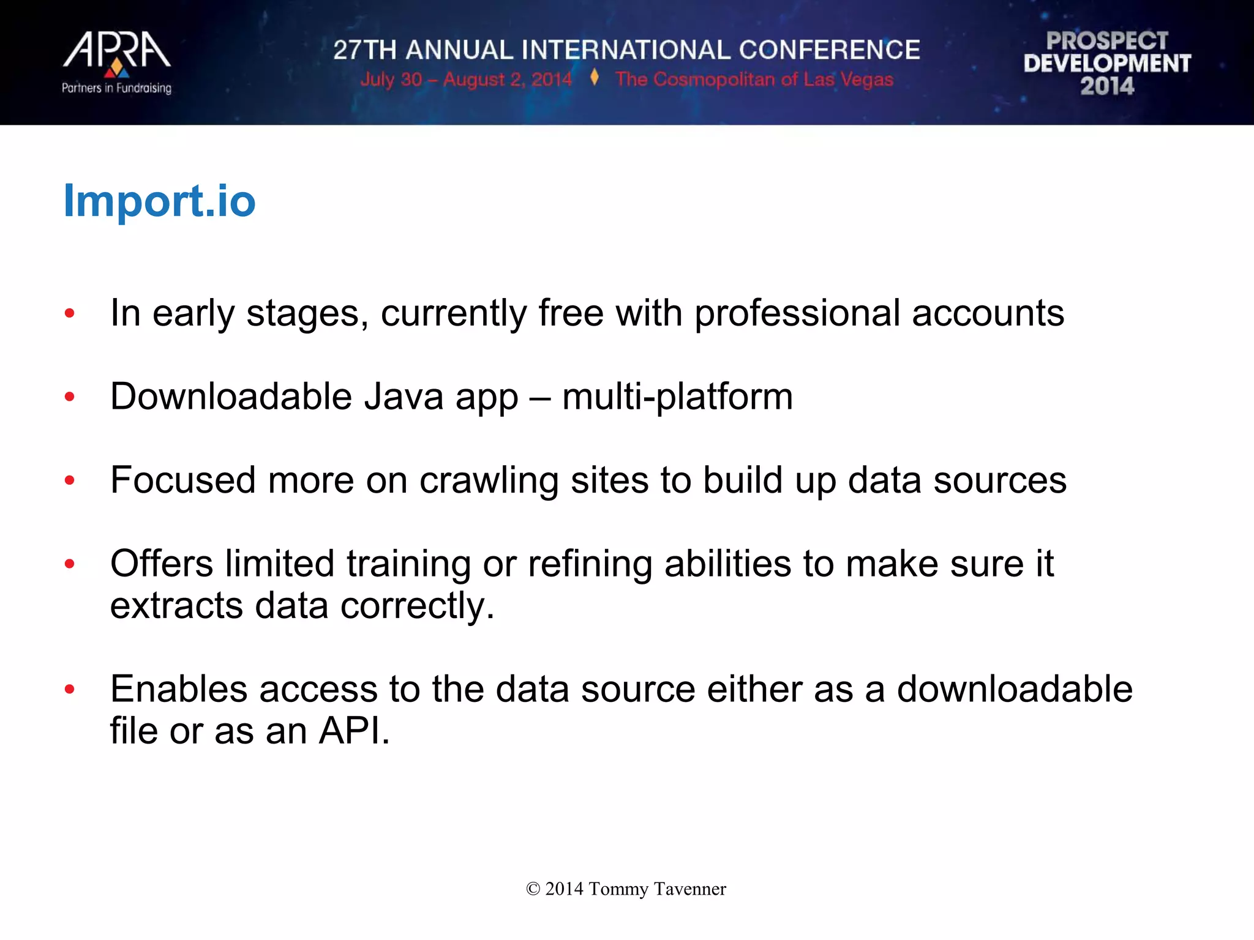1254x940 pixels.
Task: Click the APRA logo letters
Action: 116,50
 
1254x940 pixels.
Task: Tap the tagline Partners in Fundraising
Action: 116,88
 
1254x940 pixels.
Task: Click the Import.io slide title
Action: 159,201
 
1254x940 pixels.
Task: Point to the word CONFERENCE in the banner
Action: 829,50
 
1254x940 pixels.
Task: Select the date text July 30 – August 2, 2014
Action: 466,80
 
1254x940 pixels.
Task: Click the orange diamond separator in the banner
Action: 594,78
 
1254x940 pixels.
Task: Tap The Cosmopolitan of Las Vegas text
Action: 754,80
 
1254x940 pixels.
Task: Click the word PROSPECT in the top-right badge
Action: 1107,41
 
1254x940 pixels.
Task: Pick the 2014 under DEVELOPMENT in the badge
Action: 1107,86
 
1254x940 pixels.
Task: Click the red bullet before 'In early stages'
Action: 70,313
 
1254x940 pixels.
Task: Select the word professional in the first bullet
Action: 797,313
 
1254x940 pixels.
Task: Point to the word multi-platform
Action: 677,397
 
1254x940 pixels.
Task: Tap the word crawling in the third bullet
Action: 489,480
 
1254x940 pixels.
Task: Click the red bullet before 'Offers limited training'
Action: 70,563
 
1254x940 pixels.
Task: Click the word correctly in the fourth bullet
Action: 416,606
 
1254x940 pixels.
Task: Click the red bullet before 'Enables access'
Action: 70,689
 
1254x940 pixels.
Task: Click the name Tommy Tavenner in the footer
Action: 657,889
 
